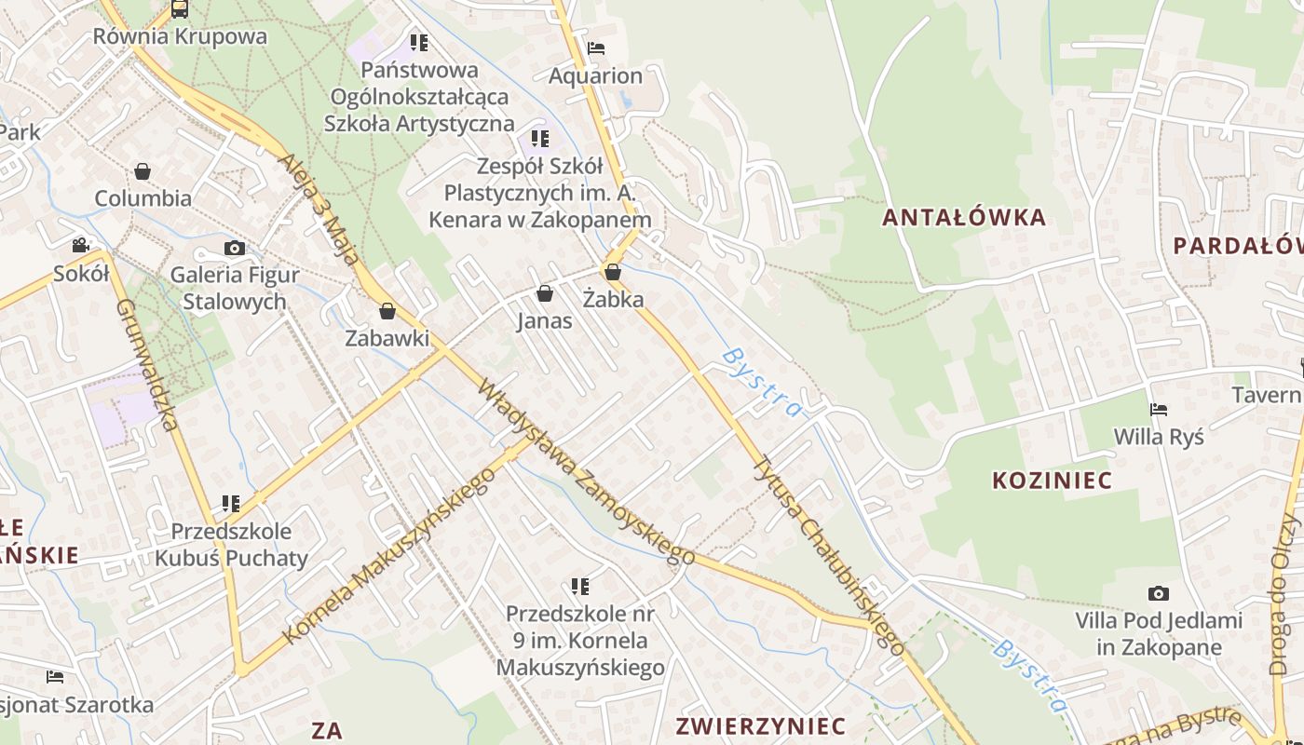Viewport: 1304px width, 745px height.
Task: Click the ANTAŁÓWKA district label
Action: (964, 218)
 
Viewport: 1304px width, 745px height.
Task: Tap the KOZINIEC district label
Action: (1052, 481)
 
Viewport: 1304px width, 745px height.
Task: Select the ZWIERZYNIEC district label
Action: (761, 726)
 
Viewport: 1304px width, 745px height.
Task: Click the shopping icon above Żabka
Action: (613, 272)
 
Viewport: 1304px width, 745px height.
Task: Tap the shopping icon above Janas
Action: (545, 294)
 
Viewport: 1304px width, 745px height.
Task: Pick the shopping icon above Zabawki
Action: (387, 311)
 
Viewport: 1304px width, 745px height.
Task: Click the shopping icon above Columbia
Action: (143, 171)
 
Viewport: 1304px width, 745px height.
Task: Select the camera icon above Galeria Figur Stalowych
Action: (235, 248)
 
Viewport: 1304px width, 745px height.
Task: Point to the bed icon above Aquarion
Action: (596, 48)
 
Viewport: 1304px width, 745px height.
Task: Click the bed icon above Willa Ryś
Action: (1159, 410)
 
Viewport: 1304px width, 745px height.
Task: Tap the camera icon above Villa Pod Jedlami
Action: (1159, 593)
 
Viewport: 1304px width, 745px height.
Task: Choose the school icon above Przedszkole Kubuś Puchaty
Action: (231, 504)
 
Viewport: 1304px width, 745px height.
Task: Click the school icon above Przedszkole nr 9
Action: (580, 587)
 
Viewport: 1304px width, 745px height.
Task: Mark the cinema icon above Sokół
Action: (81, 246)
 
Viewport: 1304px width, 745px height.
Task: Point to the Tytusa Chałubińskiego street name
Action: (828, 555)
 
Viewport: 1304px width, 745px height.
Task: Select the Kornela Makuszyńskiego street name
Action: (388, 557)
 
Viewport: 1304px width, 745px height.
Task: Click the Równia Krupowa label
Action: (180, 37)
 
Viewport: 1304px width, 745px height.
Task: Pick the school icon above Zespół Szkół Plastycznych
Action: (540, 140)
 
